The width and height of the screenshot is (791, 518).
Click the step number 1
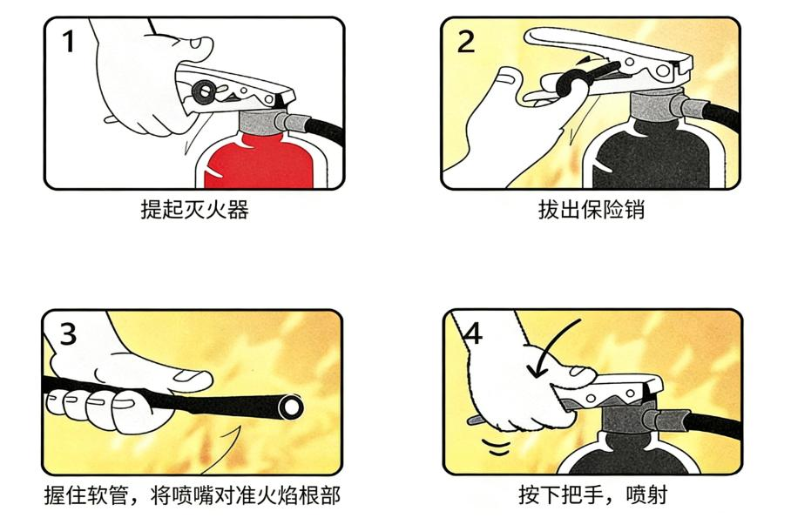click(69, 42)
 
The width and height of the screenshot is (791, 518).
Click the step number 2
click(465, 42)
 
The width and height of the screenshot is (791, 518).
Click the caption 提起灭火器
click(194, 209)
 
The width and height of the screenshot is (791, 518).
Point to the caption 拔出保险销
click(592, 209)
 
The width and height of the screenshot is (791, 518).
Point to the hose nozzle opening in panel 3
click(291, 407)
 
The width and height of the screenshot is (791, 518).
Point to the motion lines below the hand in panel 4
click(496, 447)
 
